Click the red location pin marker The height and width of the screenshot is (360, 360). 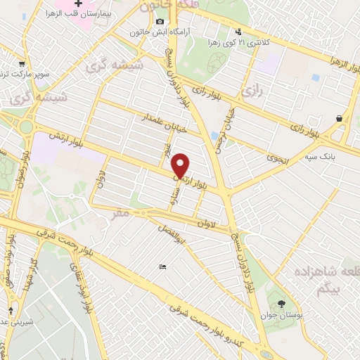pyautogui.click(x=181, y=166)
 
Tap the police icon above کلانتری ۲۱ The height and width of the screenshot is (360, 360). pyautogui.click(x=239, y=31)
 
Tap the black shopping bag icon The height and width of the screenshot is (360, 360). pyautogui.click(x=340, y=118)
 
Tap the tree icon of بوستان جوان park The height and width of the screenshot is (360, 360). pyautogui.click(x=282, y=304)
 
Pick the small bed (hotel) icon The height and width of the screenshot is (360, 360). pyautogui.click(x=162, y=267)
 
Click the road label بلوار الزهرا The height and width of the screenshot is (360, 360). pyautogui.click(x=325, y=70)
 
